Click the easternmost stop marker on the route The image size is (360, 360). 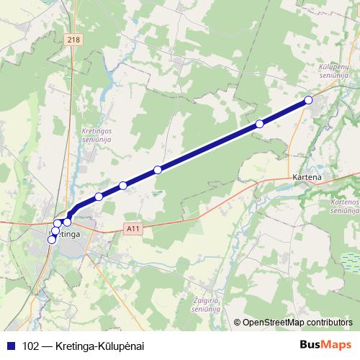coord(308,100)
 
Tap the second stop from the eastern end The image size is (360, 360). coord(259,124)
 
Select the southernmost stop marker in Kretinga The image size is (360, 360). coord(51,240)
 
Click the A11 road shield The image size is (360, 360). coord(130,228)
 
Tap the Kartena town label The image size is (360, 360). coord(307,176)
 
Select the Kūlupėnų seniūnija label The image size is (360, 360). coord(333,71)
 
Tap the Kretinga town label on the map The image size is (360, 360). coord(66,234)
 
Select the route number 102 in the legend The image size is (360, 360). coord(31,346)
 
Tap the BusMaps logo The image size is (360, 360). coord(325,345)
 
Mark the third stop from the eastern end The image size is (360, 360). coord(158,170)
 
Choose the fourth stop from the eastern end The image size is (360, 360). coord(123,186)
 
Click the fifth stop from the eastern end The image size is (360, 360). coord(99,197)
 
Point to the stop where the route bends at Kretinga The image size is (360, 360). coord(68,221)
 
